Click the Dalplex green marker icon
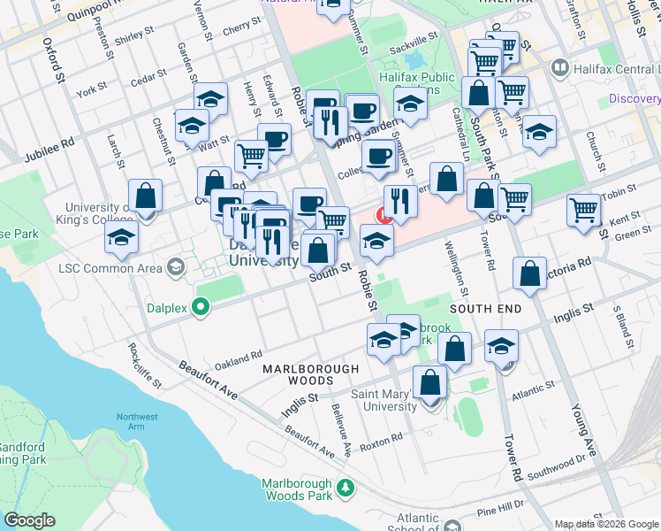[201, 308]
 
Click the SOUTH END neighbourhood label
[485, 308]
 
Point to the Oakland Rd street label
[239, 359]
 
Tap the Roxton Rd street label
[380, 436]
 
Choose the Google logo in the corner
[30, 520]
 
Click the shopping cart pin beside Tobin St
[584, 212]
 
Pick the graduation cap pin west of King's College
[121, 238]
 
